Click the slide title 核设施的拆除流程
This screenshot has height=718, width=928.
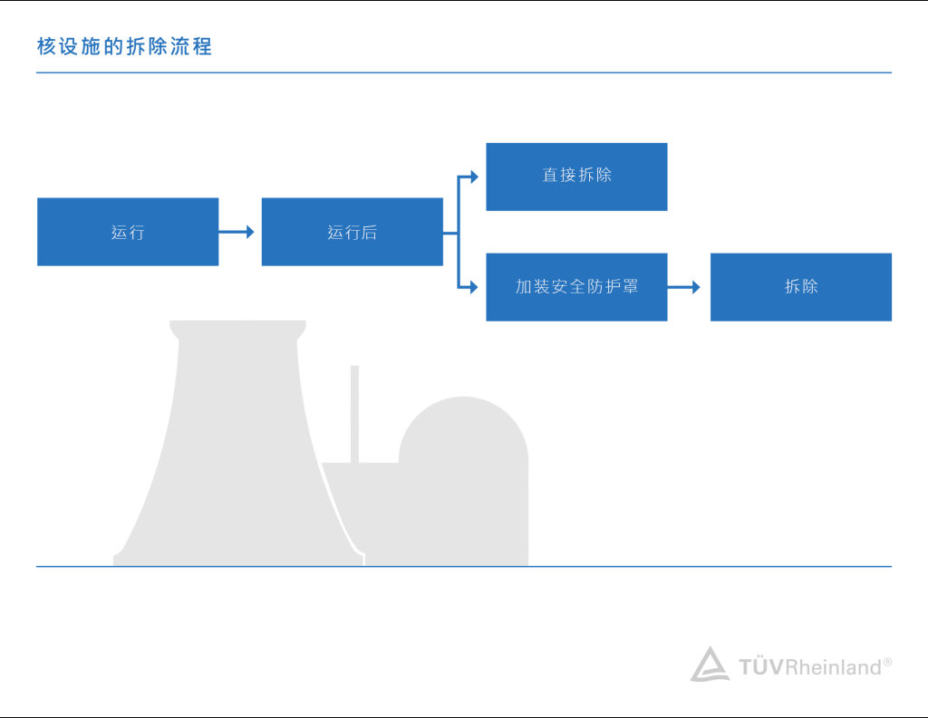click(124, 46)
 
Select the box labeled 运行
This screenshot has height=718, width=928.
click(128, 232)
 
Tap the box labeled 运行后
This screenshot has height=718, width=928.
click(352, 232)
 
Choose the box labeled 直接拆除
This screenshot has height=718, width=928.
click(576, 177)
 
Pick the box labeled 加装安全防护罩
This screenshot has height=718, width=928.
click(576, 287)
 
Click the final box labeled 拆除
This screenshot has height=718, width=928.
click(800, 287)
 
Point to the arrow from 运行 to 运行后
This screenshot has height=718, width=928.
click(237, 232)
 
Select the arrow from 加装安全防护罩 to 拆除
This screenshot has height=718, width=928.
click(686, 287)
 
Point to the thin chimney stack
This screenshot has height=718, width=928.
click(355, 412)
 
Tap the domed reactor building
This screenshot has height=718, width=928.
click(463, 471)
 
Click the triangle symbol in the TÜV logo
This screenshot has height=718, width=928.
click(710, 665)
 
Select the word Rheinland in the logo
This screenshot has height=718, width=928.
click(833, 668)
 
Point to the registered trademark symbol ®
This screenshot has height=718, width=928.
click(887, 662)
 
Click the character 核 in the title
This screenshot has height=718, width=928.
click(46, 46)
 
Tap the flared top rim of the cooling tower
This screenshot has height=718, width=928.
click(237, 328)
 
